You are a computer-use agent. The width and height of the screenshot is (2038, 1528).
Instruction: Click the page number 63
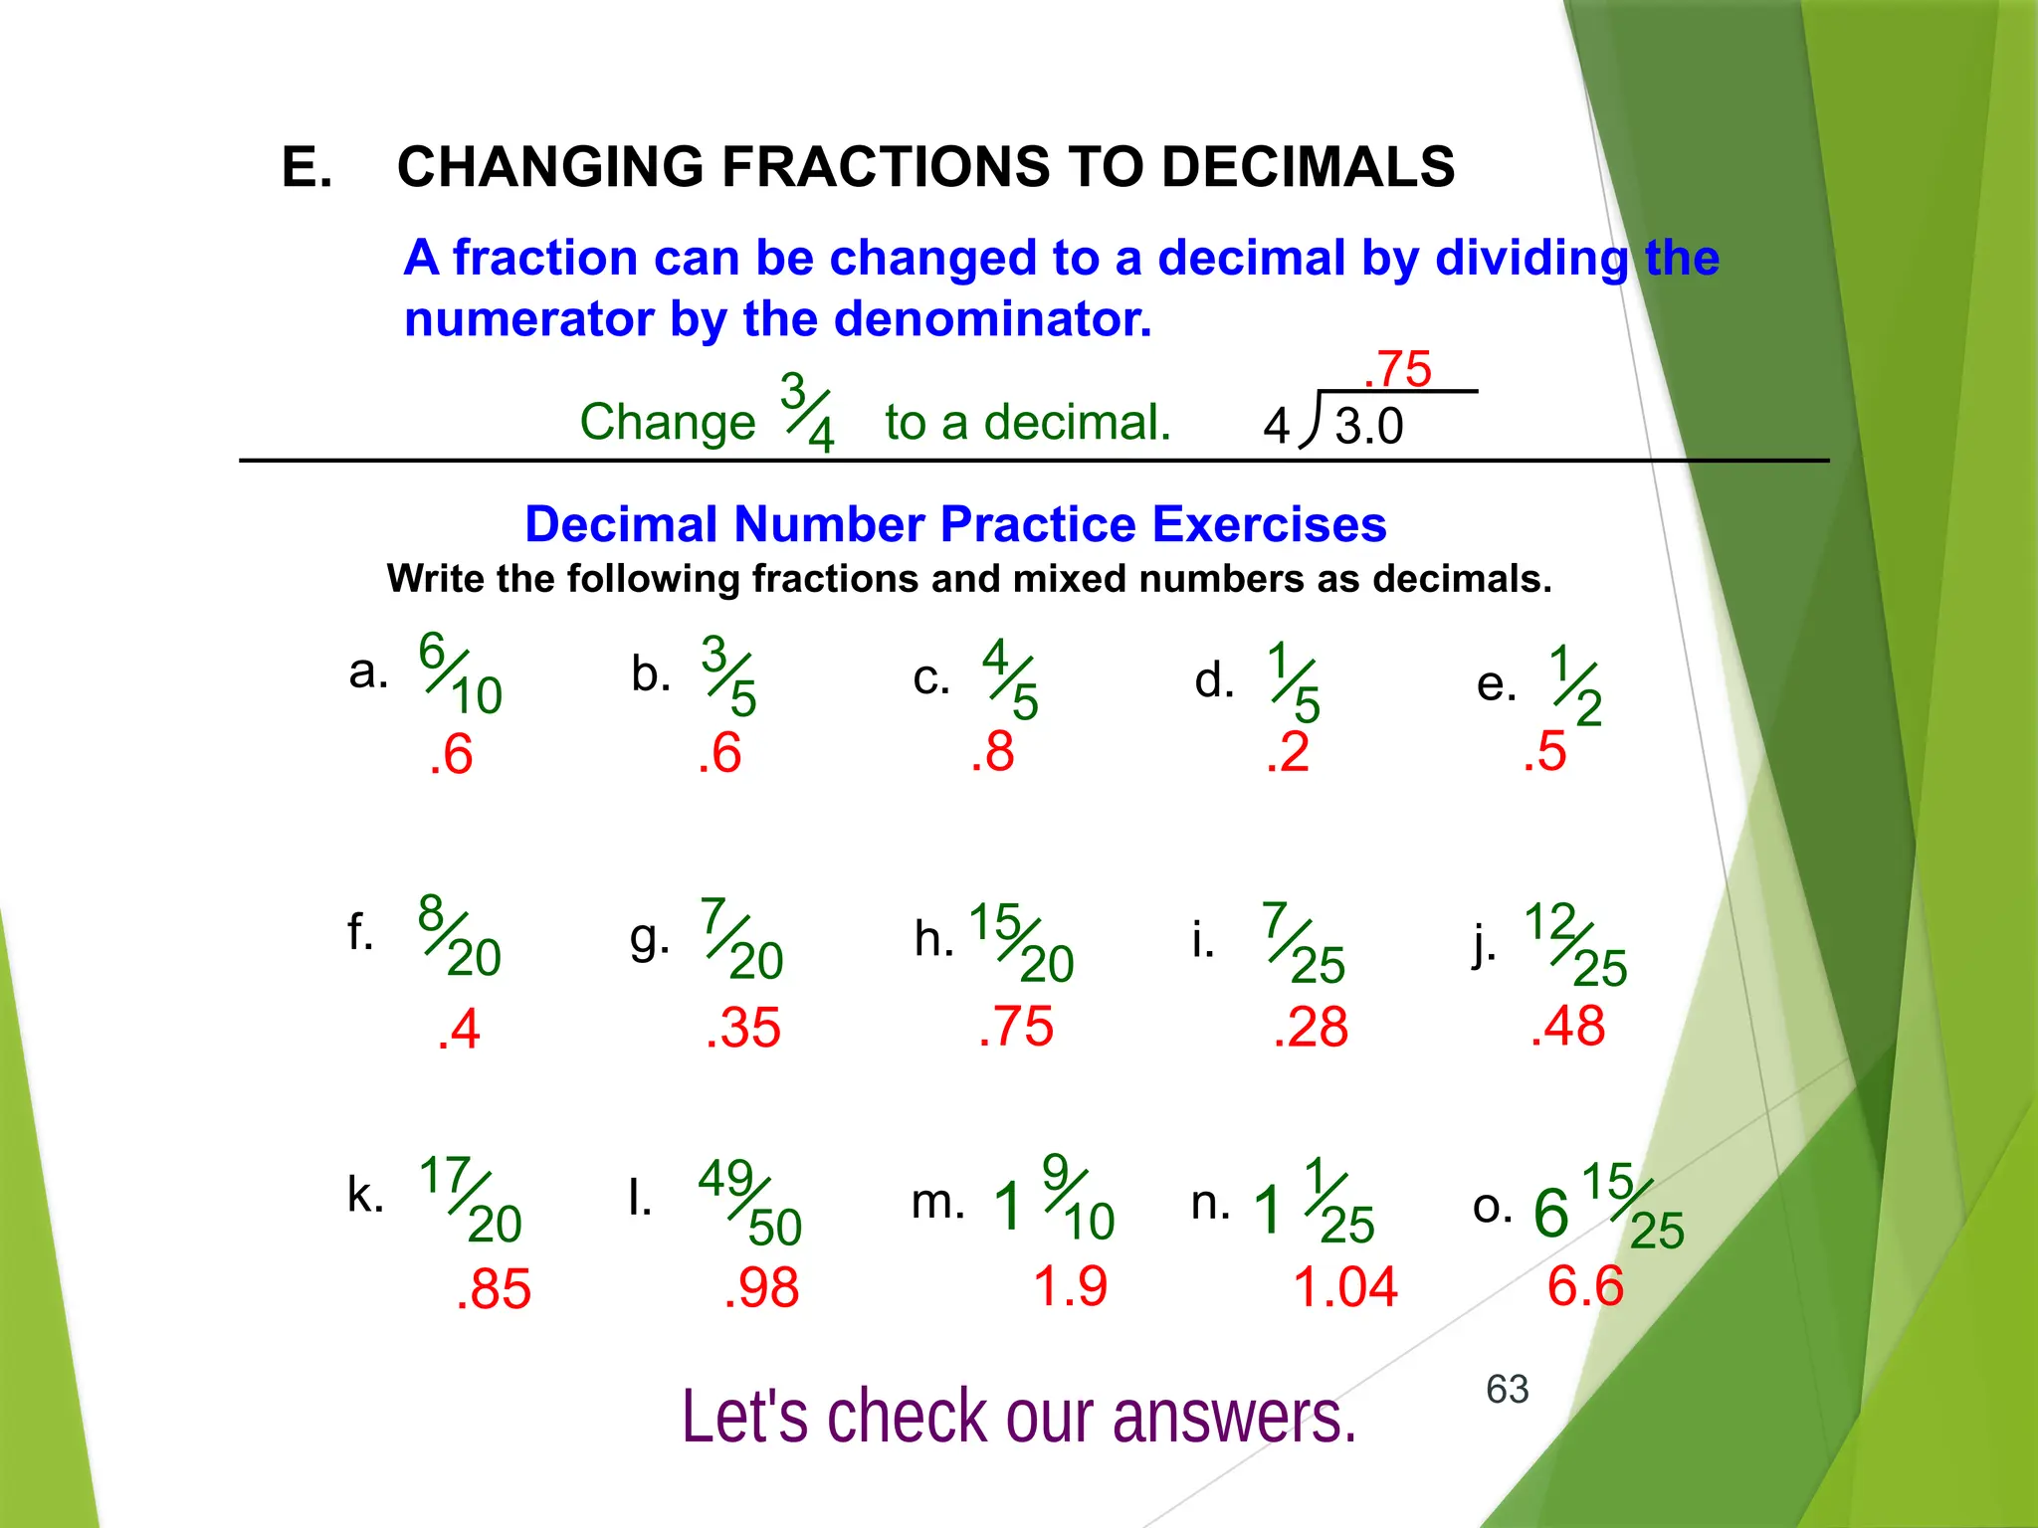click(x=1507, y=1389)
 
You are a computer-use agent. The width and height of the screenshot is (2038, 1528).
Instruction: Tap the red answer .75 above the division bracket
click(x=1397, y=370)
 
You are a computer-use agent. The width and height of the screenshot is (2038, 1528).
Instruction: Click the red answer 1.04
click(x=1345, y=1286)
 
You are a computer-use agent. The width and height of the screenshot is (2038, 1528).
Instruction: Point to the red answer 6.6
click(x=1585, y=1286)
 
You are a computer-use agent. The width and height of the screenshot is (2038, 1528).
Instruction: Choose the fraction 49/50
click(x=749, y=1203)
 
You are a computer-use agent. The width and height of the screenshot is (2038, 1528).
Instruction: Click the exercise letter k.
click(x=365, y=1194)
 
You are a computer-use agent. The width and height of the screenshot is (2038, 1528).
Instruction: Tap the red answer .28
click(x=1311, y=1027)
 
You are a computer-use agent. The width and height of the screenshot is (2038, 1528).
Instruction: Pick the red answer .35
click(x=742, y=1028)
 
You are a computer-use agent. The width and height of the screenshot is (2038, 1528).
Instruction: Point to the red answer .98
click(x=761, y=1288)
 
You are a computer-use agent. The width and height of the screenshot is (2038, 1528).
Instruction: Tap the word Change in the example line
click(x=668, y=422)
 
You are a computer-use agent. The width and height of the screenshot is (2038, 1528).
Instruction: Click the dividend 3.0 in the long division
click(x=1368, y=427)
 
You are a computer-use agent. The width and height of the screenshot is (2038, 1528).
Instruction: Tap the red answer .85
click(x=494, y=1289)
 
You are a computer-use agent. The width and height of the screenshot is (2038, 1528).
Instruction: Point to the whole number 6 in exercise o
click(x=1550, y=1213)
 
